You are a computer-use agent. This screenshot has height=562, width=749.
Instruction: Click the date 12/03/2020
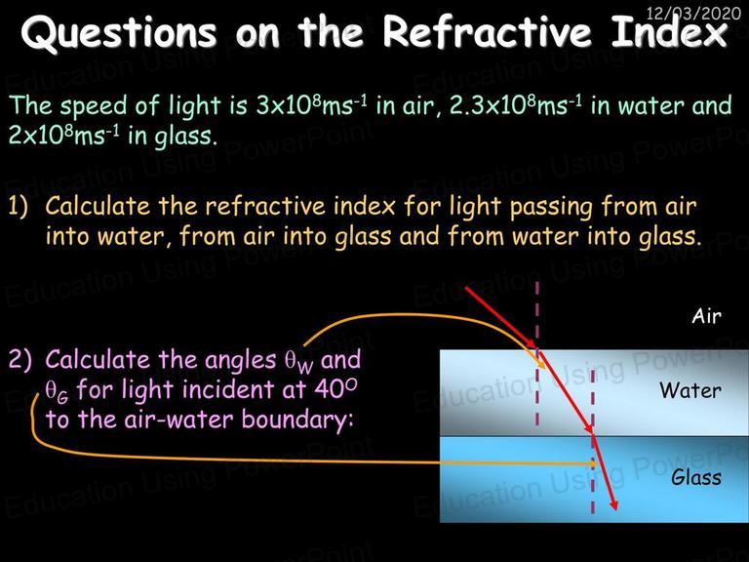point(693,13)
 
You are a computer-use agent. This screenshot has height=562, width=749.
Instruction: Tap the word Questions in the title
point(118,32)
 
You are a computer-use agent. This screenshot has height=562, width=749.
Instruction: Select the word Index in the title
point(670,31)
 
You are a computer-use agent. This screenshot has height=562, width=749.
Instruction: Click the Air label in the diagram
point(706,316)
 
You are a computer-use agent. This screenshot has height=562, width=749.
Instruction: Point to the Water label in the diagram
point(690,390)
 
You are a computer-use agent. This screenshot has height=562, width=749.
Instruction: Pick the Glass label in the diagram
point(696,477)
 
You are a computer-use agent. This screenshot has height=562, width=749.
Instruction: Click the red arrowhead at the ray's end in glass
point(613,504)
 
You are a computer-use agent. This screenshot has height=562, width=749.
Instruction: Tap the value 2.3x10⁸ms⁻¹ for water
point(516,105)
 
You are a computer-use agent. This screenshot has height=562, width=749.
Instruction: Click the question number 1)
point(19,206)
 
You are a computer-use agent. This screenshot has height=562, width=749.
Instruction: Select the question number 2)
point(20,359)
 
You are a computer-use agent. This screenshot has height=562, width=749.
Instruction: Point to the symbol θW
point(299,363)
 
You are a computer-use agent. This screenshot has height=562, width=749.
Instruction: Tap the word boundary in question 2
point(297,421)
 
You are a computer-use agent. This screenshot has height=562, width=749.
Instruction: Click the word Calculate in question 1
point(98,206)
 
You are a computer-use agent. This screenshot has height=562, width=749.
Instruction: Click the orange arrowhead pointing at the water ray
point(541,363)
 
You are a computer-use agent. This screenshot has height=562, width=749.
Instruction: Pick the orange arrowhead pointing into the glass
point(593,463)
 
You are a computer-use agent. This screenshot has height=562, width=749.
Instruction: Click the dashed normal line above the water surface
point(537,315)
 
